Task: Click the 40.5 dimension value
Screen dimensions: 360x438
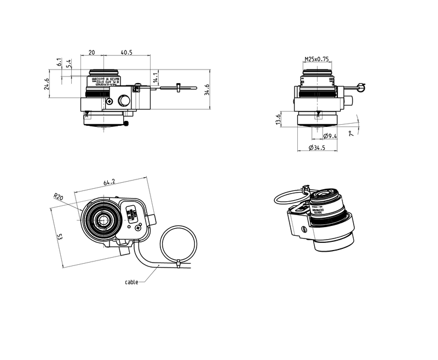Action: click(x=127, y=53)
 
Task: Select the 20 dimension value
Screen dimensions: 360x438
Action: click(x=92, y=53)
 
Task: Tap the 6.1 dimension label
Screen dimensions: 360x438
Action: click(x=59, y=63)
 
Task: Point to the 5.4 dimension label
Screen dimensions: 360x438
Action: click(x=68, y=64)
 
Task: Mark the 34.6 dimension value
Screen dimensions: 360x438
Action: click(x=206, y=89)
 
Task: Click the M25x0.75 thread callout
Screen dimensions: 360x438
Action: click(x=316, y=59)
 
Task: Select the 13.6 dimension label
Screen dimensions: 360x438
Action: click(x=279, y=120)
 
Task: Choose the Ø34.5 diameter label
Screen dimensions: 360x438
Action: click(x=318, y=148)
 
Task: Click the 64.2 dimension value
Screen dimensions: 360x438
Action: click(x=109, y=182)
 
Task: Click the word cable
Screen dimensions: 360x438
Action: click(x=131, y=282)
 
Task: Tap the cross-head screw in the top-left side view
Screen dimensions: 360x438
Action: click(x=110, y=101)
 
